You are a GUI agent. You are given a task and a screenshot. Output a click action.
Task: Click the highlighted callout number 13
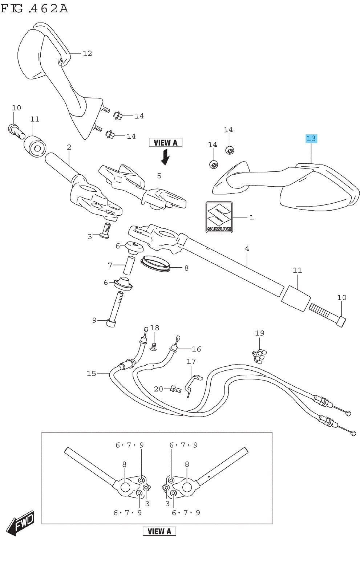click(311, 138)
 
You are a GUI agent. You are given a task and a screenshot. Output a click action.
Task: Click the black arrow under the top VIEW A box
click(166, 157)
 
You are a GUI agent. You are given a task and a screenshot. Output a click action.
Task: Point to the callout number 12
click(87, 53)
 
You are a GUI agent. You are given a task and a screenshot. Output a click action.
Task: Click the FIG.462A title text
click(35, 8)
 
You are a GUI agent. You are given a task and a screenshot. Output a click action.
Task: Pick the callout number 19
click(259, 333)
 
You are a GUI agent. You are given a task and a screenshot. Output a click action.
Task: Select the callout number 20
click(158, 389)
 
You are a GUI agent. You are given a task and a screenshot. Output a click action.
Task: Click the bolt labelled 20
click(175, 390)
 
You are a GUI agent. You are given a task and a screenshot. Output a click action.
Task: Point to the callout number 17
click(191, 361)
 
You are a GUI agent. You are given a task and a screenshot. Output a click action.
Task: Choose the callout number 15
click(91, 373)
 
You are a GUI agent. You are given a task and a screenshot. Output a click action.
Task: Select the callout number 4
click(247, 248)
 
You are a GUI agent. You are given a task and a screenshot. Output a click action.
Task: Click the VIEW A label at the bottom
click(159, 531)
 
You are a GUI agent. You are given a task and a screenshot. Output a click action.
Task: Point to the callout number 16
click(196, 349)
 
